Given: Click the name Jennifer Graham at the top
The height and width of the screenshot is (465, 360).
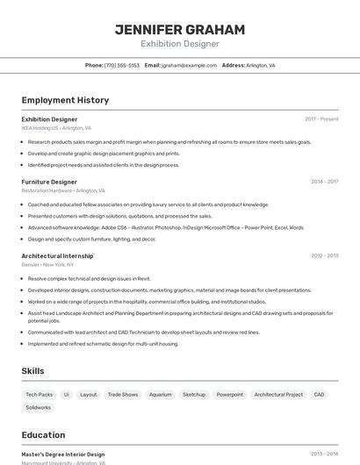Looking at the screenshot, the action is (x=179, y=29).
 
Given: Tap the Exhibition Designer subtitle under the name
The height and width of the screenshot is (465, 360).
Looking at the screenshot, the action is (x=179, y=44).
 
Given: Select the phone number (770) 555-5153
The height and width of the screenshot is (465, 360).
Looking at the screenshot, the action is (x=122, y=65).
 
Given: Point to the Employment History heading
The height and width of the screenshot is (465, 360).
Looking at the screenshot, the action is (x=65, y=100).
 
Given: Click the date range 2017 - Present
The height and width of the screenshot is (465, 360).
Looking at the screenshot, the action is (x=321, y=119).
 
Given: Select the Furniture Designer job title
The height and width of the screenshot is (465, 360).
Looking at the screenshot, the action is (x=49, y=182).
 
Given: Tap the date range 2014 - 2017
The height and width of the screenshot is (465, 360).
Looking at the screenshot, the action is (x=324, y=182).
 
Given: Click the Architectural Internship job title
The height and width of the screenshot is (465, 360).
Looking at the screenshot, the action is (x=57, y=256).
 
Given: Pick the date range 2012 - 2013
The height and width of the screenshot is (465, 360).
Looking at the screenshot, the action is (x=324, y=256).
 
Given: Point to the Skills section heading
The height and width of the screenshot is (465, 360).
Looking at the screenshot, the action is (x=32, y=371).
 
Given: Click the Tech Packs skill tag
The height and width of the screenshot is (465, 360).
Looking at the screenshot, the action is (x=40, y=395).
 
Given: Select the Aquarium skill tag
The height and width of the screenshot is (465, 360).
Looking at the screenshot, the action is (x=160, y=395).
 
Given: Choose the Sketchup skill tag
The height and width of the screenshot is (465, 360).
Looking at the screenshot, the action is (x=194, y=395).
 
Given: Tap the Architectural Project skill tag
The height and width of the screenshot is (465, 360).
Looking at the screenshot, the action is (x=278, y=395).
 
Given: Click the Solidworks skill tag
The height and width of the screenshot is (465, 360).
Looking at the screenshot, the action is (x=39, y=408).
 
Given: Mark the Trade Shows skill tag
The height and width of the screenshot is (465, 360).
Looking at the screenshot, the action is (x=123, y=395).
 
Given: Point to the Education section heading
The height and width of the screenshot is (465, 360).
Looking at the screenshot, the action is (x=43, y=435).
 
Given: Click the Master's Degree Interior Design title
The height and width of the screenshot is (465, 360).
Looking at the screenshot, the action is (x=63, y=454).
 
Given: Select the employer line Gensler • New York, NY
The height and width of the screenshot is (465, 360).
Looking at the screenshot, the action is (x=48, y=264).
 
